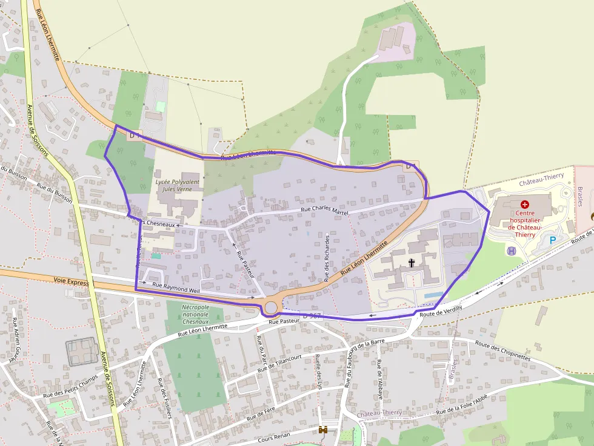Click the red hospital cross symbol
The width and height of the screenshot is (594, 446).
[524, 205]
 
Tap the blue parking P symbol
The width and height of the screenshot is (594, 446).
[552, 240]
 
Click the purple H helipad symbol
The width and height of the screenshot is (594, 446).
[512, 251]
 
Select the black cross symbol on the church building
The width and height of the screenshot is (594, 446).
[412, 263]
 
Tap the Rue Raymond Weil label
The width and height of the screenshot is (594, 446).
[176, 287]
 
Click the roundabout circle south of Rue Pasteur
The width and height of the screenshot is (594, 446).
[271, 308]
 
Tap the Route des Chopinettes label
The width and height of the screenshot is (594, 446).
[503, 352]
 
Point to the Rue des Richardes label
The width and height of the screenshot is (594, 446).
[326, 258]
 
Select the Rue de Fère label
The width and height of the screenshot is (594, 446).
[261, 414]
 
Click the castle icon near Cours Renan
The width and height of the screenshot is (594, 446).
[323, 430]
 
